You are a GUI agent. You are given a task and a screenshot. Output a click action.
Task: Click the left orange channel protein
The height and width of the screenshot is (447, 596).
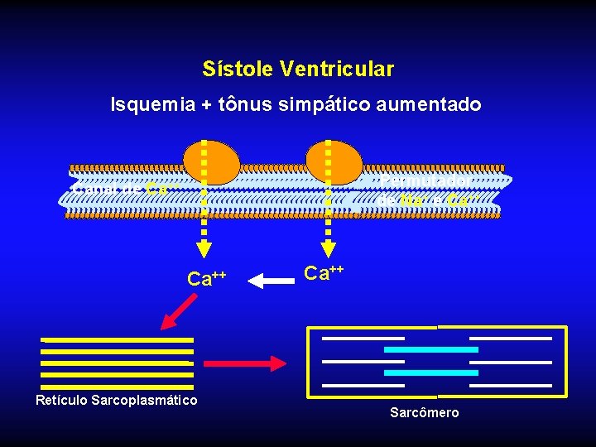(212, 162)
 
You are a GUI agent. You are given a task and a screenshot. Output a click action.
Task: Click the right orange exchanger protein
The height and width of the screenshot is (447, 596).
(334, 161)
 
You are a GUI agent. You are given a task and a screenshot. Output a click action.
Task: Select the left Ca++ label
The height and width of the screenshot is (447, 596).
(207, 278)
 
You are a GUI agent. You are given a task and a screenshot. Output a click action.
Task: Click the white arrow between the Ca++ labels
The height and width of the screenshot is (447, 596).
(266, 281)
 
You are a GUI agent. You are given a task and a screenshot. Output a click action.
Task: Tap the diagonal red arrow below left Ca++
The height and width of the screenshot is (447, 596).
(179, 312)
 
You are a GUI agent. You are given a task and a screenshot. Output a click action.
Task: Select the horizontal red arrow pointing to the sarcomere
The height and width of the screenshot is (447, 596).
(244, 363)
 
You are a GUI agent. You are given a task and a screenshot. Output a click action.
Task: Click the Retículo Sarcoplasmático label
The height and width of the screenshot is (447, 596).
(116, 401)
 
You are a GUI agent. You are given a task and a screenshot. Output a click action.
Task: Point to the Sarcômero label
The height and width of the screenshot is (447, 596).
(424, 412)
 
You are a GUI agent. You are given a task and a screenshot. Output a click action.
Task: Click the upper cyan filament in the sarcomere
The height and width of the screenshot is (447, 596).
(431, 349)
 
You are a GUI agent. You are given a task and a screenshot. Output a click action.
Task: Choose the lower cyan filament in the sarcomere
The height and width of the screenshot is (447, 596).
(431, 372)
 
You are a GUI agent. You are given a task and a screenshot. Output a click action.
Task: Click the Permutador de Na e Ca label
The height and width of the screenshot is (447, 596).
(425, 190)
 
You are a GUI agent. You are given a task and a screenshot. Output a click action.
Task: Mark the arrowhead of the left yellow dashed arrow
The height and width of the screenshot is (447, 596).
(204, 249)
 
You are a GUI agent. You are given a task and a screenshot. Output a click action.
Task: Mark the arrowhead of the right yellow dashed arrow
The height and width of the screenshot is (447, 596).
(329, 249)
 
